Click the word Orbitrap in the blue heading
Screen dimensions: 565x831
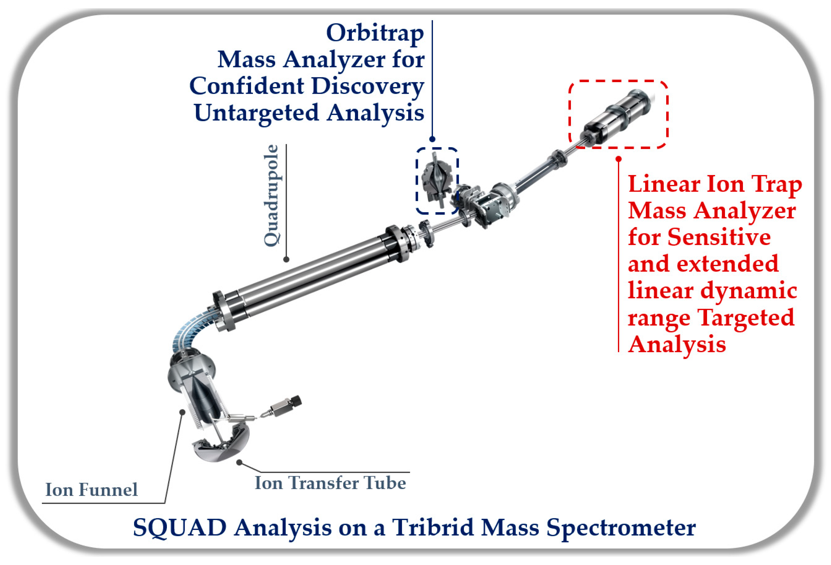pos(375,33)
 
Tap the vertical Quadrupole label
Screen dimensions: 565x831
pos(271,195)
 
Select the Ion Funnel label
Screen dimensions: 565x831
pos(91,490)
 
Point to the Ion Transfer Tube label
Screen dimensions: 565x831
pos(330,483)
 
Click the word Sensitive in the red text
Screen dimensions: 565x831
pos(719,237)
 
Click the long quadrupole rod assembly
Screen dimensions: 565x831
pos(311,272)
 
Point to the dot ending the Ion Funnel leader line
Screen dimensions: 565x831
pos(182,412)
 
